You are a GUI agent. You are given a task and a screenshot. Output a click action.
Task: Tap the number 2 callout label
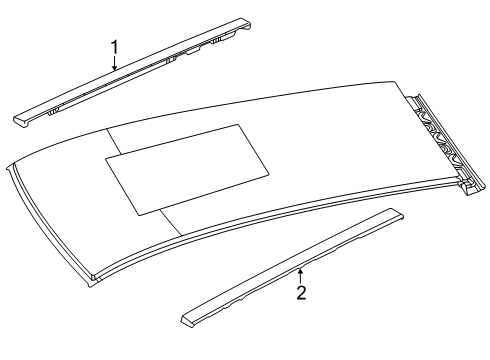pyautogui.click(x=300, y=294)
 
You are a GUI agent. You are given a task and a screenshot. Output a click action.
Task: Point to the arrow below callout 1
pyautogui.click(x=114, y=63)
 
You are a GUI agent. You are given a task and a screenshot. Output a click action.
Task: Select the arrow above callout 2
pyautogui.click(x=300, y=274)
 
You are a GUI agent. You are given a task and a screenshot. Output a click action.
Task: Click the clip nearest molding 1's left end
pyautogui.click(x=57, y=108)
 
